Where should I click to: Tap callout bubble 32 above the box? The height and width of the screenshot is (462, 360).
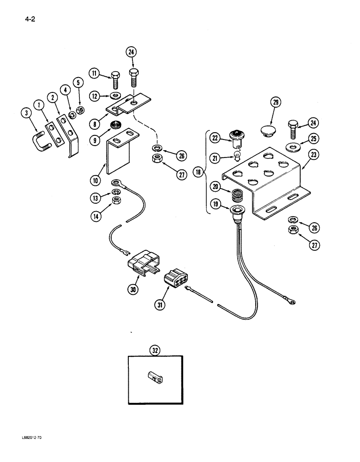click(156, 349)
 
